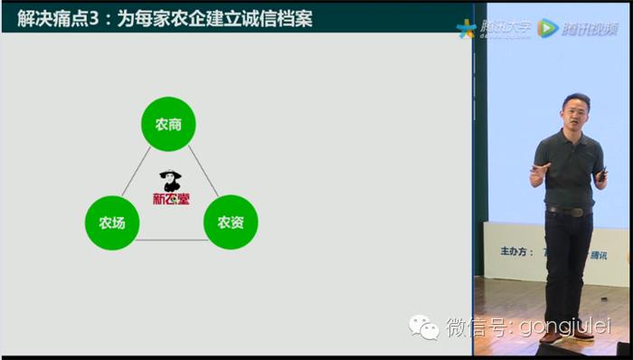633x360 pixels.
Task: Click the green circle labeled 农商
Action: tap(169, 124)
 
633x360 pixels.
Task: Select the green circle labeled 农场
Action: tap(112, 222)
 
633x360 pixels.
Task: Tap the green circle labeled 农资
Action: tap(231, 222)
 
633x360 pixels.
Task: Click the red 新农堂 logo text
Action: tap(171, 197)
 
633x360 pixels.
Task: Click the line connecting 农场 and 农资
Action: tap(171, 240)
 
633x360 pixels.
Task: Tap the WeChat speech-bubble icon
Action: tap(423, 325)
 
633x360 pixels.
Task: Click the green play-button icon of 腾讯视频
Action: tap(548, 29)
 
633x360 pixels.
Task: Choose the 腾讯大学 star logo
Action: tap(467, 29)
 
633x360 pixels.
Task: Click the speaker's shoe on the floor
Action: tap(583, 333)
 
